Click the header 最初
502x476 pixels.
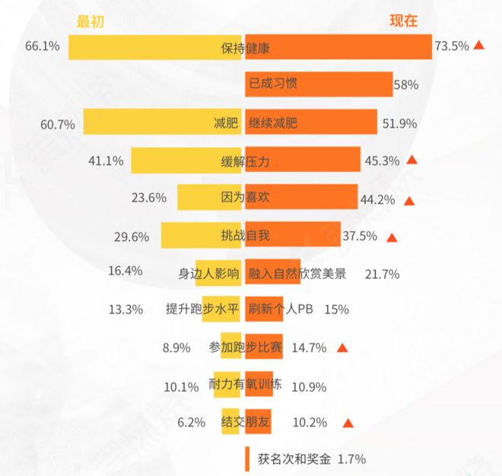(90, 22)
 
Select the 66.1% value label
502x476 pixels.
(43, 46)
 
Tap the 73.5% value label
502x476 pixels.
(451, 46)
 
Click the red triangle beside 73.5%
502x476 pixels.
(479, 46)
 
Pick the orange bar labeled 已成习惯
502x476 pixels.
(318, 84)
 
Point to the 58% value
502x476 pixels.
(405, 85)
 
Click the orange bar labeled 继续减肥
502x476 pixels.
(310, 122)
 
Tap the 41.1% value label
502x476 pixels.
(106, 160)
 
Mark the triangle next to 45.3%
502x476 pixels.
(412, 160)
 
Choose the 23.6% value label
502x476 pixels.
(149, 198)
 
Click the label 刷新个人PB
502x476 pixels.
(281, 309)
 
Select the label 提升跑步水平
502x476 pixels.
(202, 309)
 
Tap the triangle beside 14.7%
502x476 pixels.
(342, 348)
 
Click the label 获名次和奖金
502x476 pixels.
(294, 459)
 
